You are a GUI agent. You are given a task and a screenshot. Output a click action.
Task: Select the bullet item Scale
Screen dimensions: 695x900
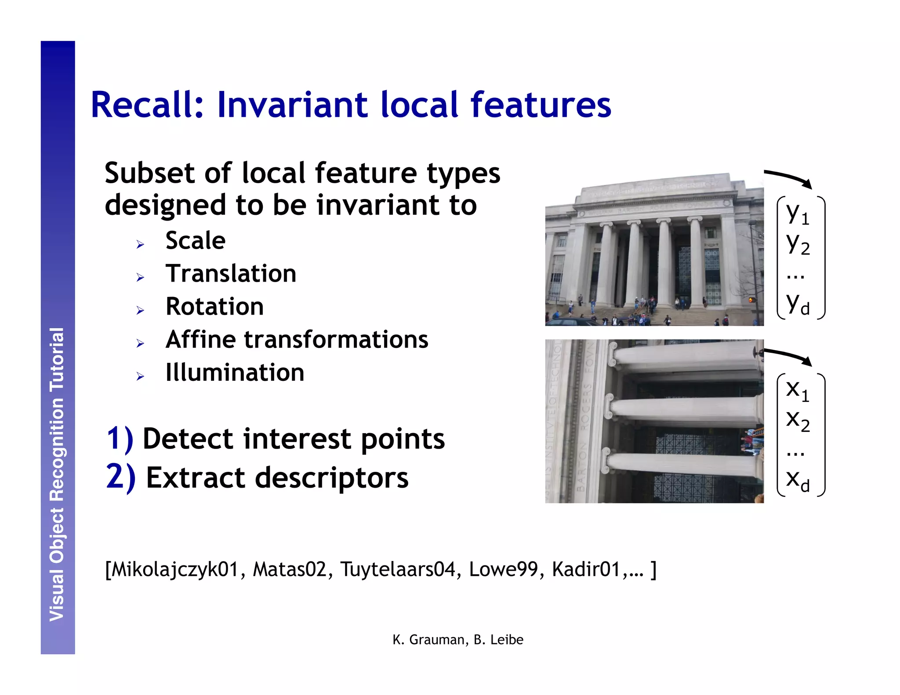click(196, 241)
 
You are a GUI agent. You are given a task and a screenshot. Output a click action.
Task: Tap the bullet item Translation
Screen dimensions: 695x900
click(231, 274)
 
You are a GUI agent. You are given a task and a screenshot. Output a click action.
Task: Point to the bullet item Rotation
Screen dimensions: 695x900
click(214, 307)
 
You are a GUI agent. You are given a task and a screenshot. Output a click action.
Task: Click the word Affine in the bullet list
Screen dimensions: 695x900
click(201, 340)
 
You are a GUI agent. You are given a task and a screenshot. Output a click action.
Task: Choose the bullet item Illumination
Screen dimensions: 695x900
click(235, 373)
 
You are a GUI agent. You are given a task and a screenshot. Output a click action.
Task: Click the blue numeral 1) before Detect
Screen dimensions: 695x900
click(120, 439)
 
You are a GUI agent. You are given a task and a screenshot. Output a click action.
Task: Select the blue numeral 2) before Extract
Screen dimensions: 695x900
click(120, 478)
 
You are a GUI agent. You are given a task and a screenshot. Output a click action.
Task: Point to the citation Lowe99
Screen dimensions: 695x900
click(503, 569)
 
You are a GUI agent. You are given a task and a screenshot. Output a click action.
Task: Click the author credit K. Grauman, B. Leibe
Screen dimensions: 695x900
click(458, 640)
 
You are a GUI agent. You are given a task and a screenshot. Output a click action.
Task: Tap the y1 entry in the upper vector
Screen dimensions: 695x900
click(797, 214)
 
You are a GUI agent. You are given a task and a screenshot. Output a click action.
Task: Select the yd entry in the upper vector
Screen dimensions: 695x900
click(797, 303)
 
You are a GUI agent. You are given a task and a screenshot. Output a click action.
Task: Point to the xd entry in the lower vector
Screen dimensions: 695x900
click(797, 480)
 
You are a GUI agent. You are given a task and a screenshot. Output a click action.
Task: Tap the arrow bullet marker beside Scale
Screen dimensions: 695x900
click(140, 245)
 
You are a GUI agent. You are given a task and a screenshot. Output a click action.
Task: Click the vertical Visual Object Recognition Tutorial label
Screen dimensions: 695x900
click(57, 474)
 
